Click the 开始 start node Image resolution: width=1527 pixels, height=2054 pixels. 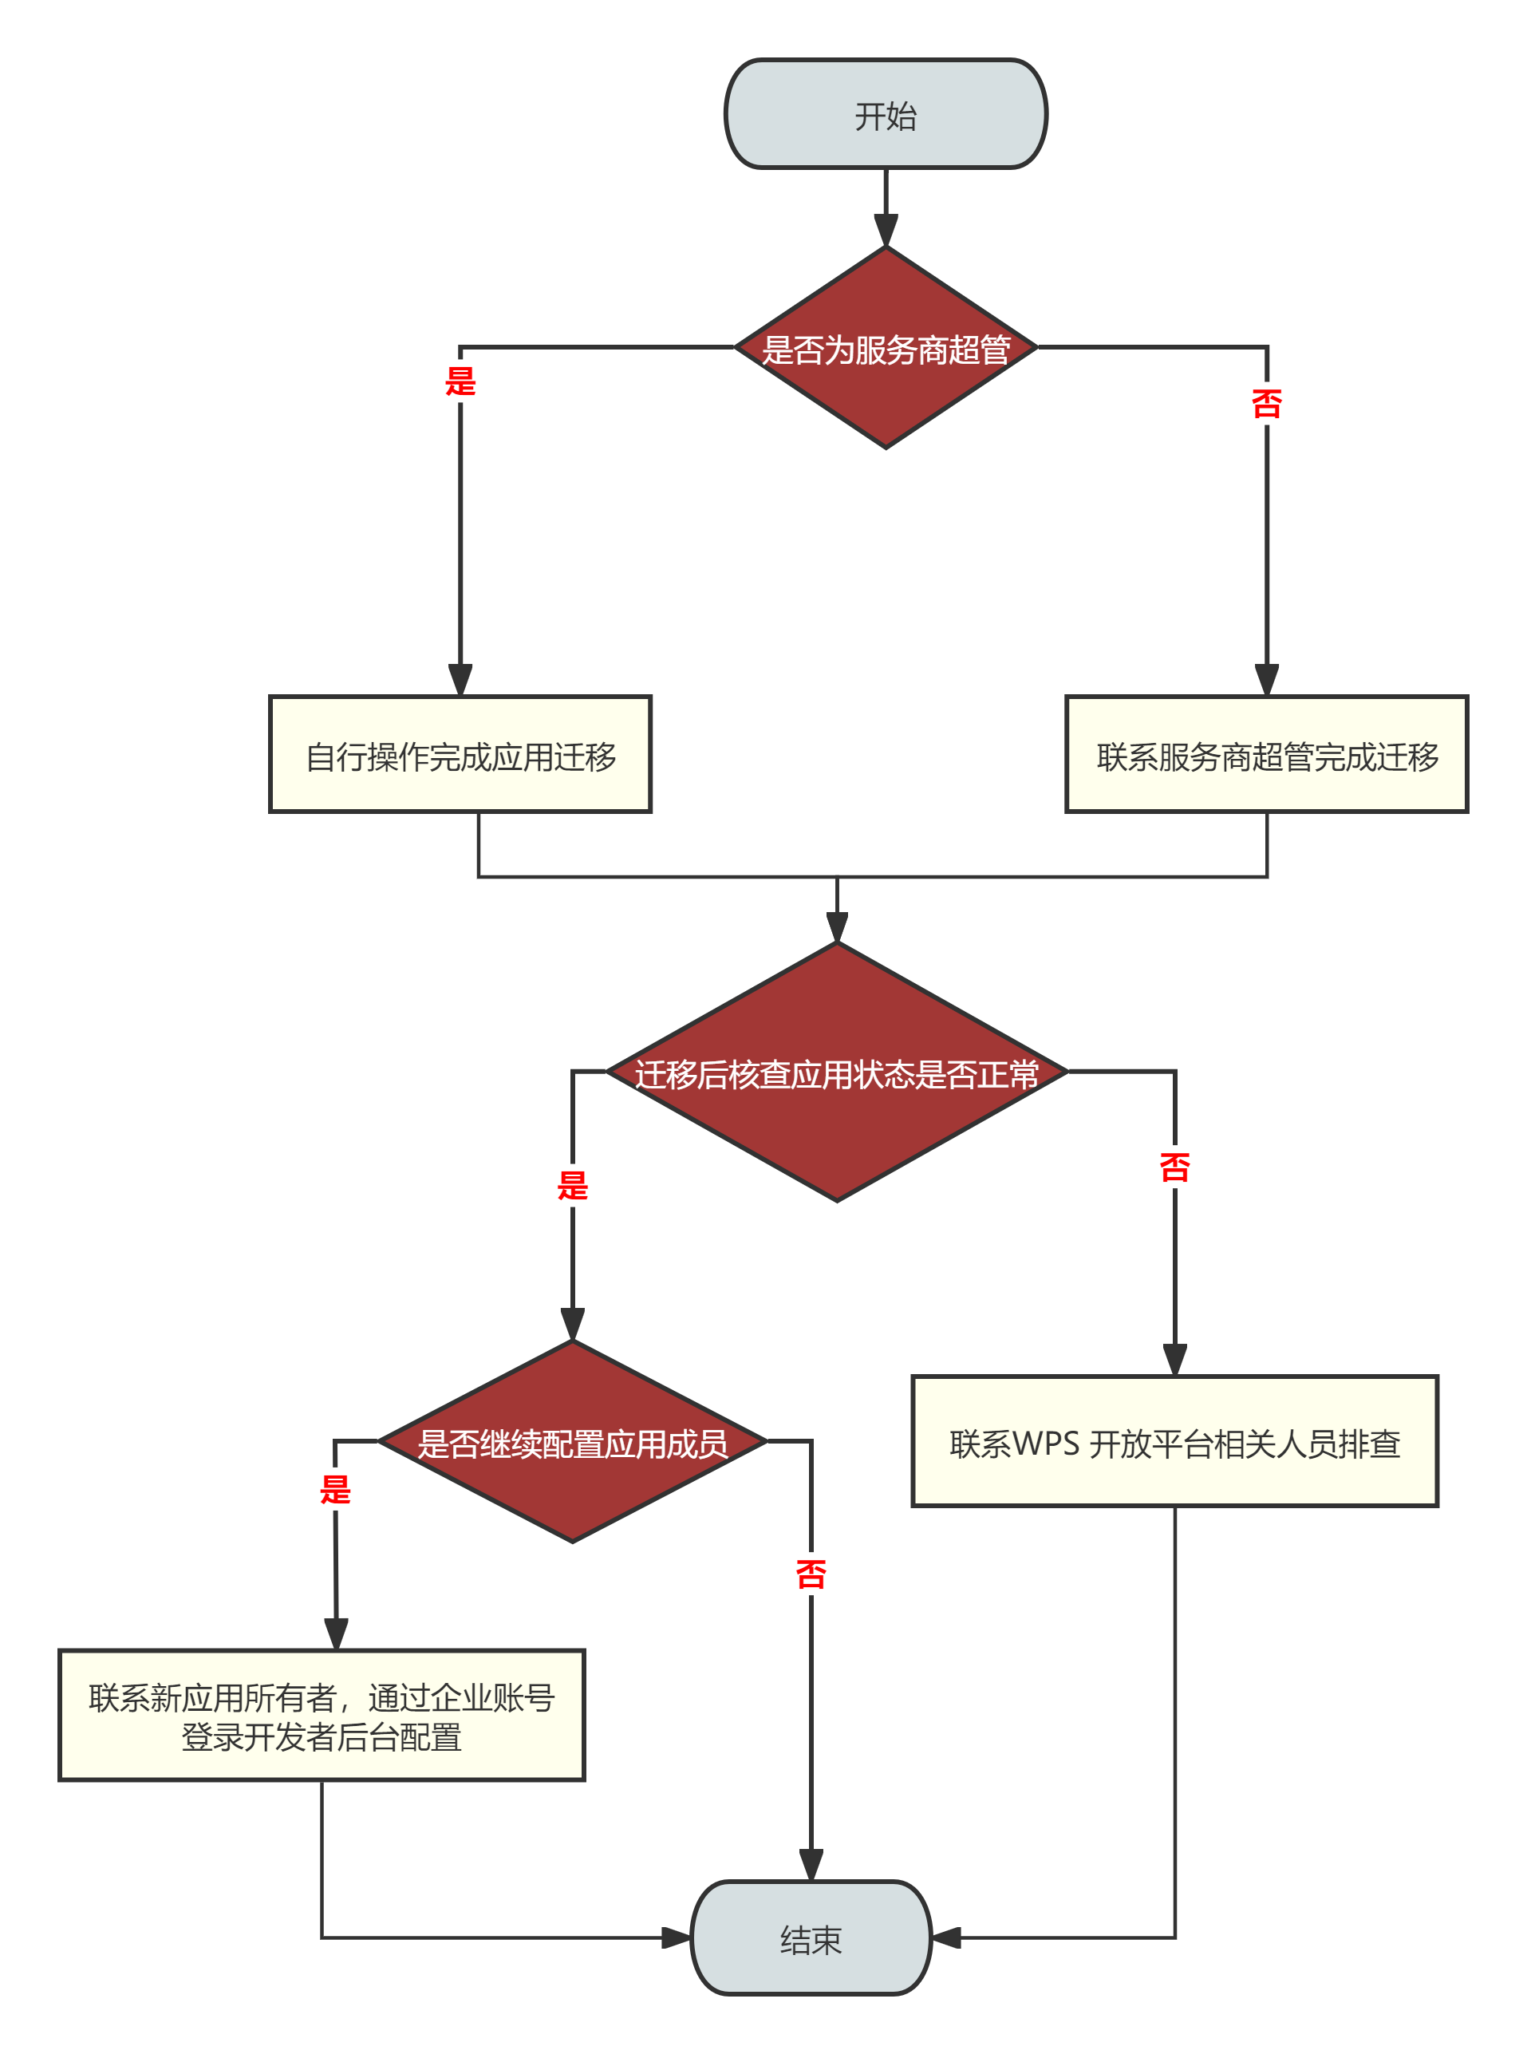point(885,115)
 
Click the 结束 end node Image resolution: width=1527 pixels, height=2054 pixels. point(811,1937)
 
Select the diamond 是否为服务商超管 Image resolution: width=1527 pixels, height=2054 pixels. point(885,349)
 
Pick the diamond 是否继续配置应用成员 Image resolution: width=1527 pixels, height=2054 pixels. point(572,1442)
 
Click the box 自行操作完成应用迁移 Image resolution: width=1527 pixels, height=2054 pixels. point(460,754)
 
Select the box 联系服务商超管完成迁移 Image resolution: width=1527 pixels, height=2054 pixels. point(1265,754)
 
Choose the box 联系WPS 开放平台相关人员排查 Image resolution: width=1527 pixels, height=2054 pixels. point(1174,1442)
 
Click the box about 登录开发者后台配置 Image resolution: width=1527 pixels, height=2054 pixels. point(321,1716)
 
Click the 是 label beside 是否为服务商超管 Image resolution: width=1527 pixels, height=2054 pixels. point(460,381)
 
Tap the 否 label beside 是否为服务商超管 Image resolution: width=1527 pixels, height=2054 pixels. point(1265,403)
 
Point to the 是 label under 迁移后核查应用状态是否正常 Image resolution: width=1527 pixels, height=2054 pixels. point(572,1185)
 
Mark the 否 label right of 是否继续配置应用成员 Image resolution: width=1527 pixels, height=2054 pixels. point(811,1574)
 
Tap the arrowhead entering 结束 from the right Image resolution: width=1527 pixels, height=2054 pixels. point(946,1937)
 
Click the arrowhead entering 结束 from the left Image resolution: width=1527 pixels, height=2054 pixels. point(676,1937)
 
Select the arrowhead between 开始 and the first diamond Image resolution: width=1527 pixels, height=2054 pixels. point(885,230)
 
